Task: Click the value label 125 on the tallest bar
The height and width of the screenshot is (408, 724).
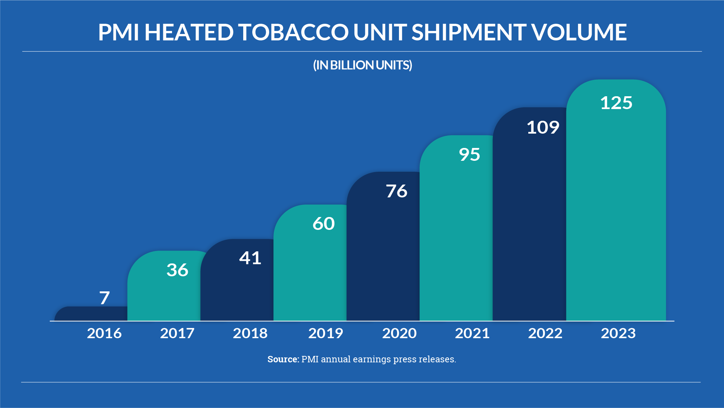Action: click(616, 103)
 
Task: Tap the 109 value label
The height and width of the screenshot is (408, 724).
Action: click(543, 128)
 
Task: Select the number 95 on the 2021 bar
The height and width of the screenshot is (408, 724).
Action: click(469, 155)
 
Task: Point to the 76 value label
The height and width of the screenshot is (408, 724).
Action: click(396, 191)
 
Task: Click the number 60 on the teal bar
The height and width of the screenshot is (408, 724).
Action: click(324, 224)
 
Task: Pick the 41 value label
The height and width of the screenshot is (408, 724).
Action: click(250, 258)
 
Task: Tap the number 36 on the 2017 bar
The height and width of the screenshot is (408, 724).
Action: click(177, 270)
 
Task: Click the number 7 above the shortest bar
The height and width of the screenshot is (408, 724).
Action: click(104, 298)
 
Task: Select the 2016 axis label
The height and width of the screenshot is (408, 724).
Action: click(104, 333)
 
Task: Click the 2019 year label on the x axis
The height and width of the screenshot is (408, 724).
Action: click(325, 333)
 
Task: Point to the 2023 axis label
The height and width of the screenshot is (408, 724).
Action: click(618, 333)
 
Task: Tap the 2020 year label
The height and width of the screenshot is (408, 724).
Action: click(399, 333)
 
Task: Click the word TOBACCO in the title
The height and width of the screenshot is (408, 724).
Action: click(293, 32)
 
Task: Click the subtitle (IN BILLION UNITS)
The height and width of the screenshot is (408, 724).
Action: click(362, 65)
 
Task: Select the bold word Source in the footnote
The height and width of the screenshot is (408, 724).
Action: click(283, 359)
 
